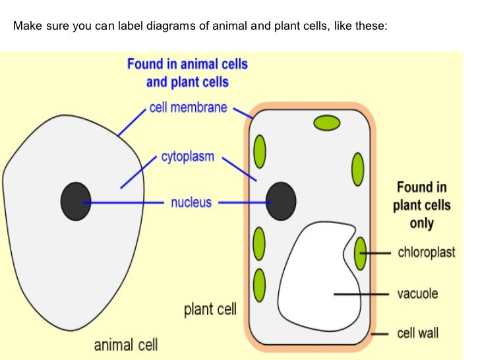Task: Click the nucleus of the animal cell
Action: click(75, 201)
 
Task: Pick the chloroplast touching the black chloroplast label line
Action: click(360, 253)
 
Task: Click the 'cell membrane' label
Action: click(188, 107)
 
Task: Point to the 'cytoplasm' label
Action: click(187, 158)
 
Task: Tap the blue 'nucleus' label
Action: click(191, 202)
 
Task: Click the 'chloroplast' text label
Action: click(427, 253)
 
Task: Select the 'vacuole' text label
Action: click(417, 293)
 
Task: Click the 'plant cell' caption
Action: click(210, 309)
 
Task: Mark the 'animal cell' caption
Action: click(126, 344)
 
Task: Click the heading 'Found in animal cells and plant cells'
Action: click(187, 73)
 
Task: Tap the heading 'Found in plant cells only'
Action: click(422, 205)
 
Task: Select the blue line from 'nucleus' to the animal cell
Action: click(125, 202)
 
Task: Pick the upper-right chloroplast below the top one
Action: click(357, 169)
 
